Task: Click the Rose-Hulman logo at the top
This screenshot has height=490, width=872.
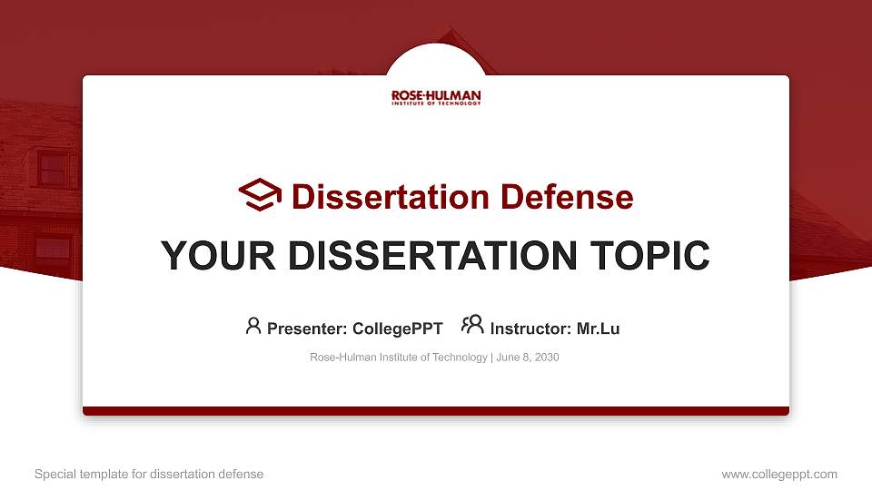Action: pos(436,97)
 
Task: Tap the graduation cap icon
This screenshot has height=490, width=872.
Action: pos(260,195)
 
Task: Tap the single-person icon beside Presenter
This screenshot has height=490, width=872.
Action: pos(253,326)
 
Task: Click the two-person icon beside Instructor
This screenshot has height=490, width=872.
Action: pos(472,326)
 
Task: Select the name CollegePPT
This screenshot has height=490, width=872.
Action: pos(398,328)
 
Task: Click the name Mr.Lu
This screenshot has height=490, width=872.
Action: pos(598,328)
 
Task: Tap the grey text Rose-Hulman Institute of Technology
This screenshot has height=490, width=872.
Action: pos(398,358)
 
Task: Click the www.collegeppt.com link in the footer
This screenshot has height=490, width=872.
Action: pos(779,474)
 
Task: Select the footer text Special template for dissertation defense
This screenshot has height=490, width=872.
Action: pos(149,474)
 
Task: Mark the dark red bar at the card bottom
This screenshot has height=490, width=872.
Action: pos(436,411)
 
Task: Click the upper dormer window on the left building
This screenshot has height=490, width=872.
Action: pos(53,169)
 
